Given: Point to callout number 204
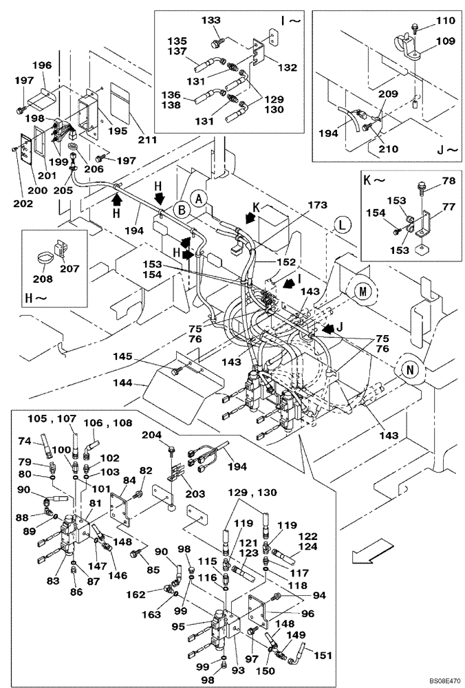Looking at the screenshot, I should (x=150, y=435).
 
